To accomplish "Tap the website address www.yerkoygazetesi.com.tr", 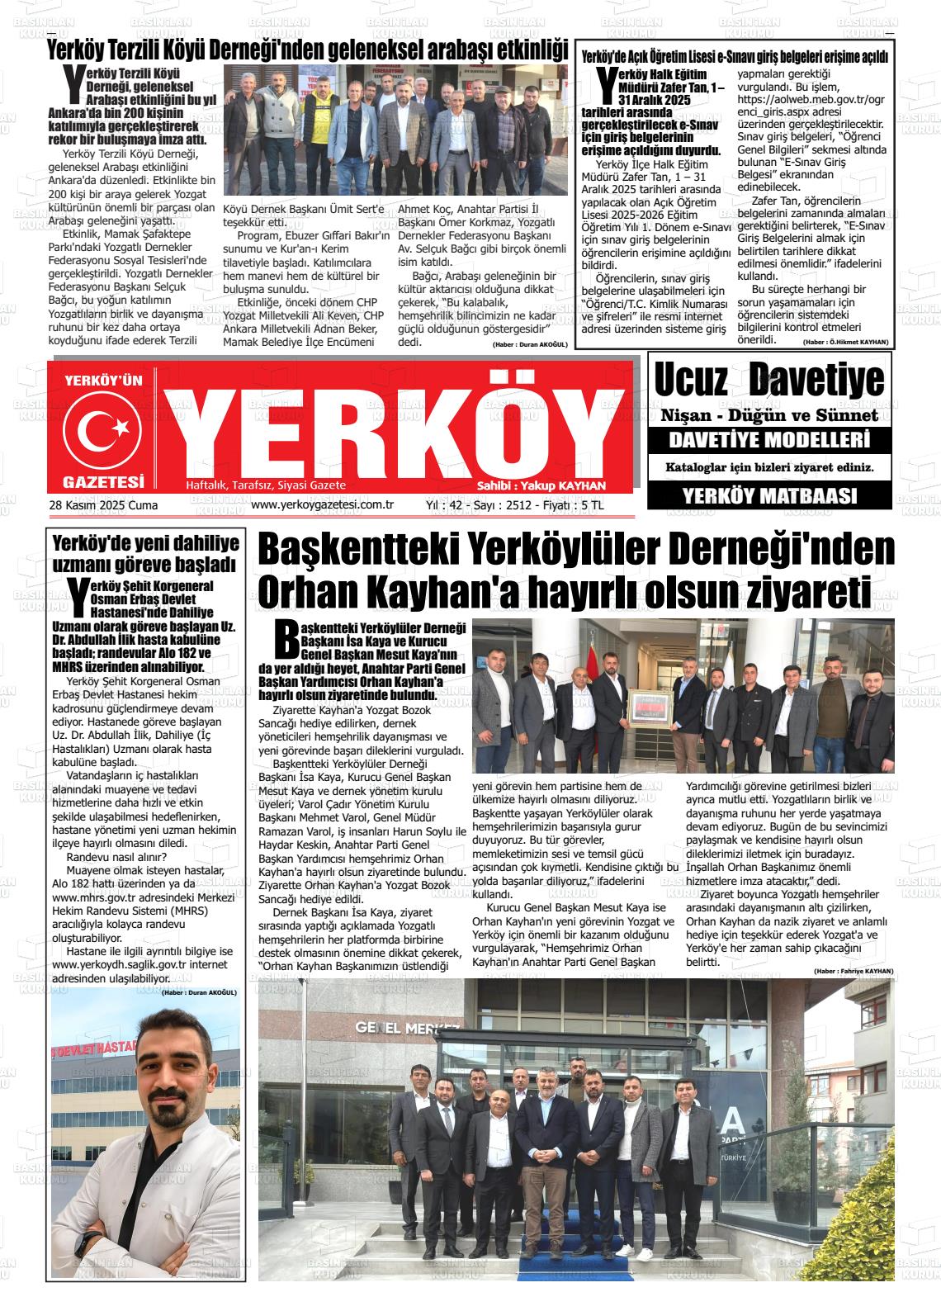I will coord(322,504).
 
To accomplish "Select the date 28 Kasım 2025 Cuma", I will coord(103,505).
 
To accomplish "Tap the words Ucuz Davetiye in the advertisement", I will coord(769,381).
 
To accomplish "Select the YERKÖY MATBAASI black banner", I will coord(769,495).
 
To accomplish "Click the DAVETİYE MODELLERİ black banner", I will coord(769,439).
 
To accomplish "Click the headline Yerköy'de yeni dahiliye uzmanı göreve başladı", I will coord(145,554).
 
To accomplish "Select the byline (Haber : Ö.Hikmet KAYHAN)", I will coord(845,342).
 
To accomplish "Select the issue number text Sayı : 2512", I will coord(502,504).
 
